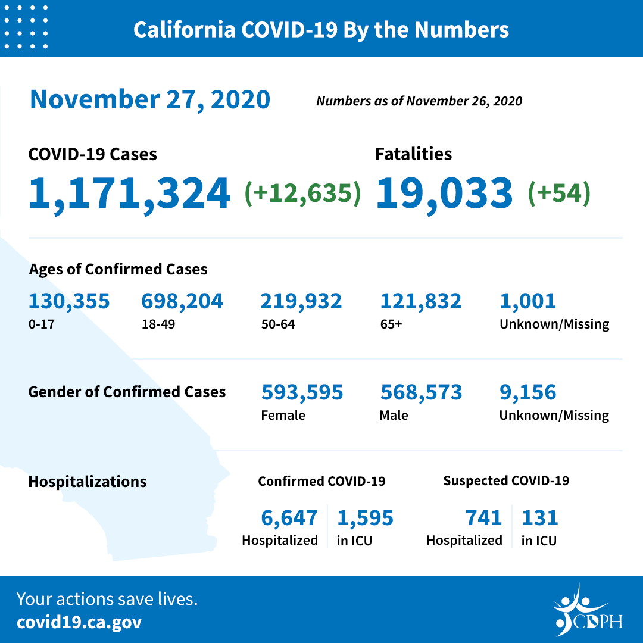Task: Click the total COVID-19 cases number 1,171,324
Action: coord(129,193)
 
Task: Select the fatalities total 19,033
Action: coord(444,193)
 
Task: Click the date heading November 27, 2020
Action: coord(150,99)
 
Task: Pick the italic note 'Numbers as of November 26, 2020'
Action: coord(419,101)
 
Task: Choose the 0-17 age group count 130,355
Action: coord(69,301)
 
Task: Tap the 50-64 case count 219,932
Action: coord(301,301)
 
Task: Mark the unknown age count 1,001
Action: coord(527,301)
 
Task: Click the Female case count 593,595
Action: coord(302,392)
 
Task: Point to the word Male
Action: coord(394,415)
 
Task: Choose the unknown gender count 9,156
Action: coord(527,392)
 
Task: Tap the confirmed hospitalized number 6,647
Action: coord(289,518)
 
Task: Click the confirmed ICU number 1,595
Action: coord(365,518)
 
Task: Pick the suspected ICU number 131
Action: coord(539,518)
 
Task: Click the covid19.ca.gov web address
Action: coord(79,622)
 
